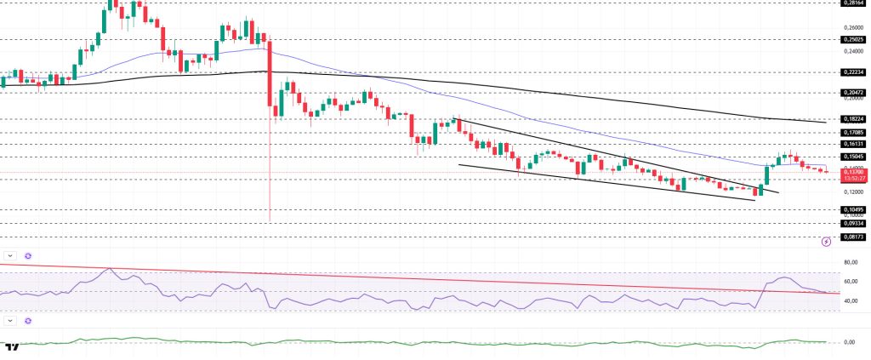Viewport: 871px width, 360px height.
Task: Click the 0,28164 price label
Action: coord(853,3)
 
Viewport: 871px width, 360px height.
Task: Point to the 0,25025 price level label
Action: coord(853,39)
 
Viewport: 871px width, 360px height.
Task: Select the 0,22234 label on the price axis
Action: coord(853,72)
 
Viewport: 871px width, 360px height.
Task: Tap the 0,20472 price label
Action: coord(853,92)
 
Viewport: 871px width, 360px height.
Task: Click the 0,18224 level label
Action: coord(853,119)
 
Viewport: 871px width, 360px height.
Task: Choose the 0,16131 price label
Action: coord(853,144)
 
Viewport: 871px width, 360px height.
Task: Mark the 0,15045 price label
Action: coord(853,157)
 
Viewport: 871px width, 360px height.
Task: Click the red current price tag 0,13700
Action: coord(853,171)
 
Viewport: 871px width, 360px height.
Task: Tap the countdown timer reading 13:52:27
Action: coord(853,179)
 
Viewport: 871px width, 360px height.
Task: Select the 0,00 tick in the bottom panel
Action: coord(849,342)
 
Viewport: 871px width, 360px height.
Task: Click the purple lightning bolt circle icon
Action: coord(825,242)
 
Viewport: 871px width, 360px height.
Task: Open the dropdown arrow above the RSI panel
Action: coord(9,255)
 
